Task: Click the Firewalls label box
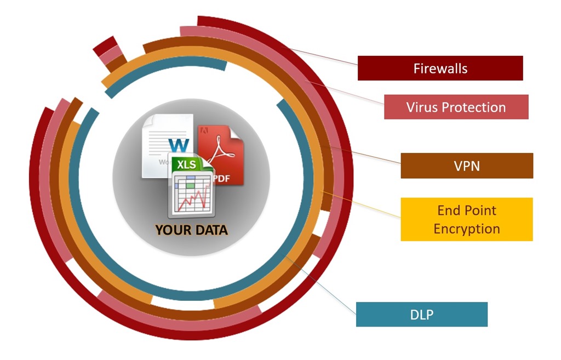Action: [440, 68]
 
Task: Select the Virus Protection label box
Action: [456, 107]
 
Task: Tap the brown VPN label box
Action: [467, 165]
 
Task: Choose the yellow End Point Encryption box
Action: [467, 219]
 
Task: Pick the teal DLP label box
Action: [421, 315]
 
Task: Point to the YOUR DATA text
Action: [191, 230]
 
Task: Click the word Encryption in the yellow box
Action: [467, 228]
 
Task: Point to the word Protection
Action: [473, 107]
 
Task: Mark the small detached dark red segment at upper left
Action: [104, 45]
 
